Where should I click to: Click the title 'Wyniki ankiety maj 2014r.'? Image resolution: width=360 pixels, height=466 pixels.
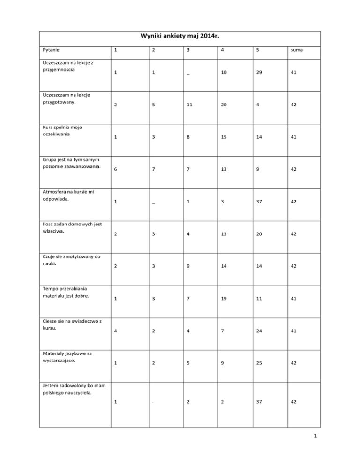pyautogui.click(x=180, y=37)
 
